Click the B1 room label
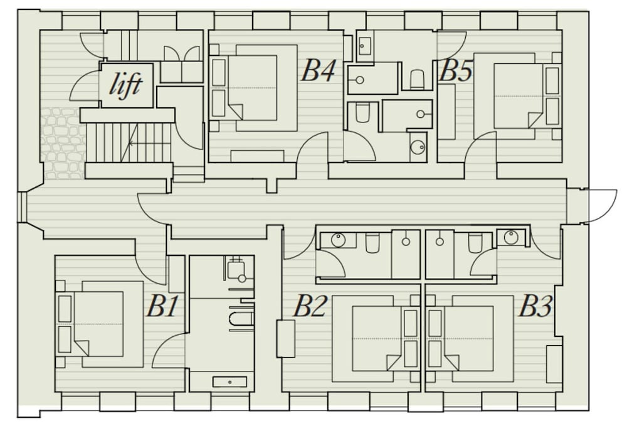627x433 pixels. [x=162, y=306]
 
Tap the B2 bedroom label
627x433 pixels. [x=310, y=306]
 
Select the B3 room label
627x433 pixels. [x=535, y=306]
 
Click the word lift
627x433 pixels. [x=126, y=85]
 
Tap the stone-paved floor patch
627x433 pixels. [x=63, y=142]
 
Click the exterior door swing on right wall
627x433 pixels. [x=600, y=206]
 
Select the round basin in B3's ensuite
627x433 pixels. [x=511, y=237]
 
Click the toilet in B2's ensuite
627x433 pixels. [x=372, y=243]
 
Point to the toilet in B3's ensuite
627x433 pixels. [x=475, y=243]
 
